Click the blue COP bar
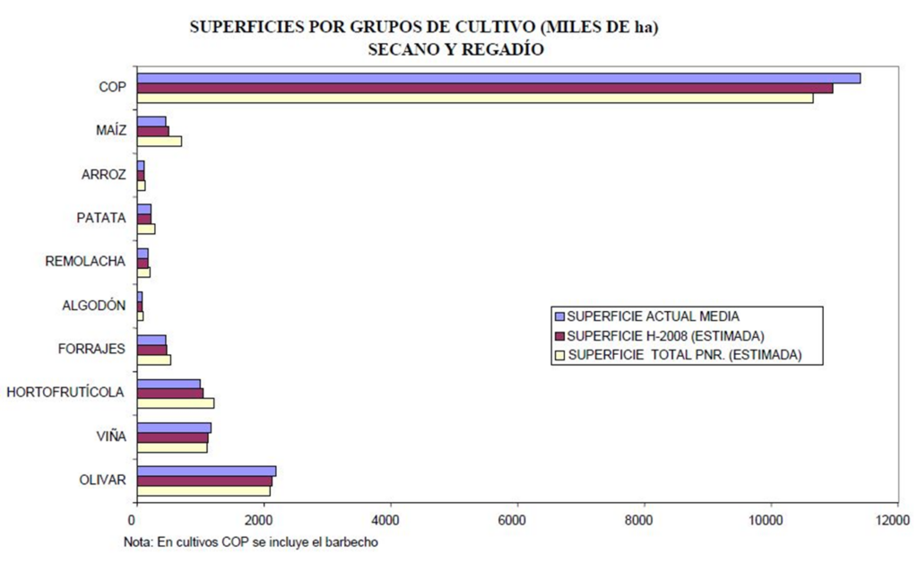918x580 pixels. click(x=498, y=78)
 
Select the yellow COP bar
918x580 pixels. click(x=475, y=98)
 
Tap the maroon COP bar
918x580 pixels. click(x=485, y=88)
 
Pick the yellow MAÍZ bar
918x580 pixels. click(x=160, y=142)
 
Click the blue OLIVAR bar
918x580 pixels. click(x=206, y=471)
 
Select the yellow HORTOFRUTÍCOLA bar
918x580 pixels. click(x=176, y=403)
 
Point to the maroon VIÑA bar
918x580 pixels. click(x=172, y=437)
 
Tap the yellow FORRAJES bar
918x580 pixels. click(x=154, y=359)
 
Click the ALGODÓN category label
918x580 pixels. click(x=93, y=306)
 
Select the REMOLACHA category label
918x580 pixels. click(x=85, y=262)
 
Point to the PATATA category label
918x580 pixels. click(x=100, y=218)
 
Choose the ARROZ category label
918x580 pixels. click(x=103, y=175)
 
